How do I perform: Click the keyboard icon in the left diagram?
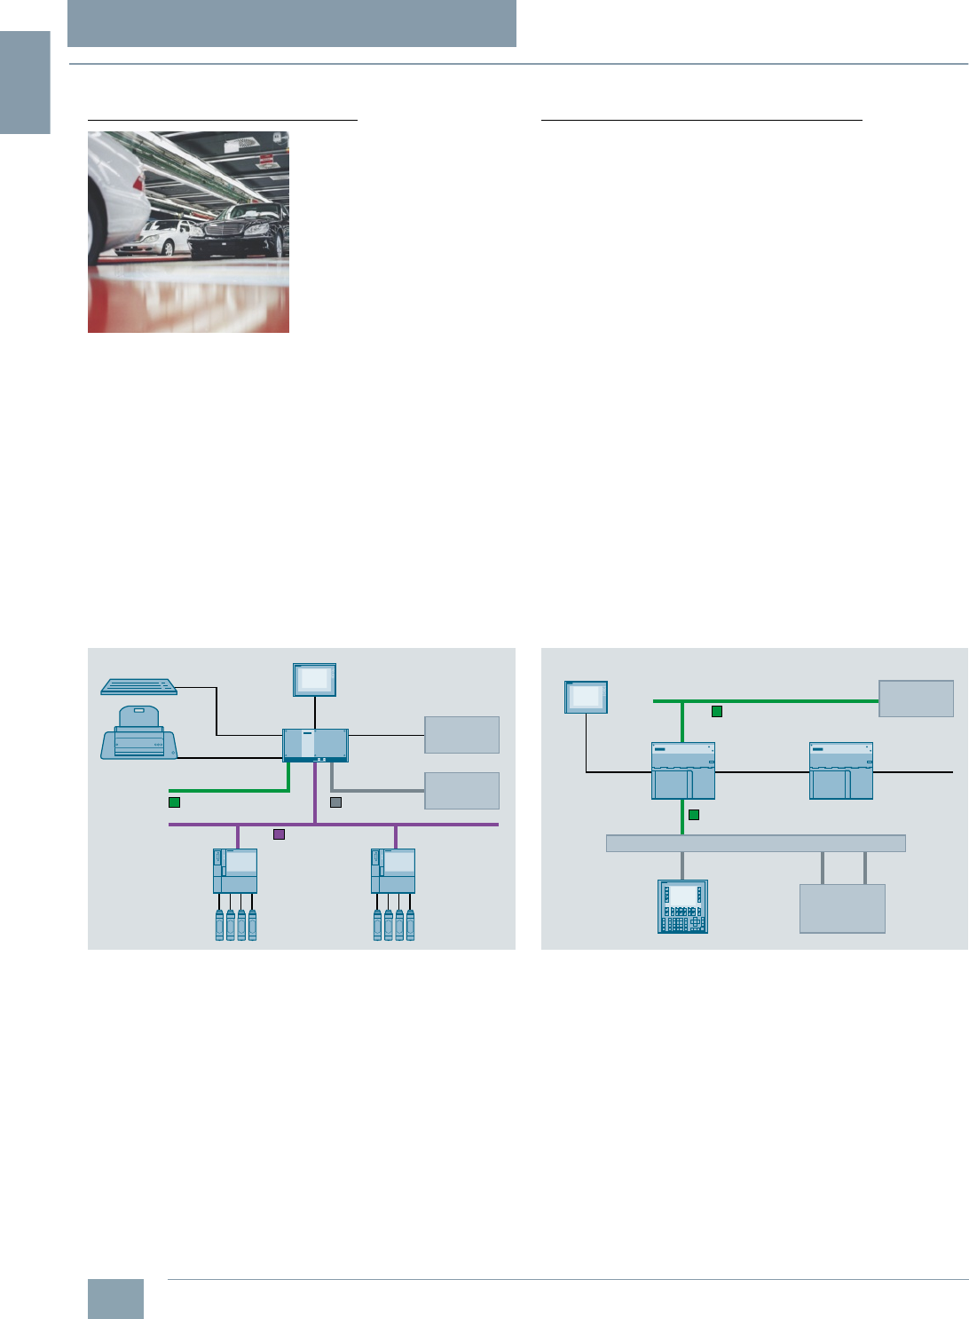pos(139,686)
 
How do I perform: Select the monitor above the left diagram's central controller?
pos(315,680)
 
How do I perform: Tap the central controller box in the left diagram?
pos(315,745)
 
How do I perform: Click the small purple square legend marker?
pos(279,834)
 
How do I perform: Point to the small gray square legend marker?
pos(335,802)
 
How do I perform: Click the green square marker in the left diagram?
pos(174,802)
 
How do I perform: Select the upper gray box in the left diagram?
pos(461,735)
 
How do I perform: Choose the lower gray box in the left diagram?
pos(461,791)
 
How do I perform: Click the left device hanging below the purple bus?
pos(235,871)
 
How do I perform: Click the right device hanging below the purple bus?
pos(393,871)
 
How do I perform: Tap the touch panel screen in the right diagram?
pos(586,698)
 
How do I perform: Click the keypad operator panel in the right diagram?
pos(682,906)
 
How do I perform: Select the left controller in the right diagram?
pos(682,770)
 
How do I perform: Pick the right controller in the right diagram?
pos(840,770)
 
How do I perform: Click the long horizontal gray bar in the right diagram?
pos(755,843)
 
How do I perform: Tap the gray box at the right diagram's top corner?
pos(916,699)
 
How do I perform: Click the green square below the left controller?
pos(694,814)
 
